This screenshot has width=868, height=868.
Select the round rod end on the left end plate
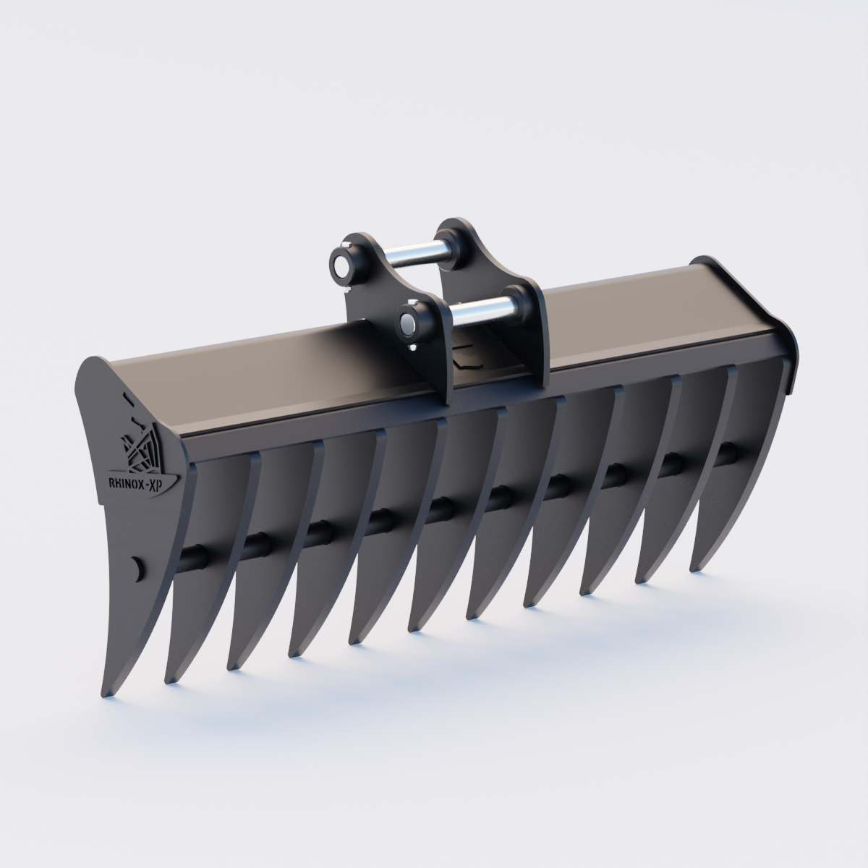135,567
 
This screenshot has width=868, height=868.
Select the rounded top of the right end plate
705,261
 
